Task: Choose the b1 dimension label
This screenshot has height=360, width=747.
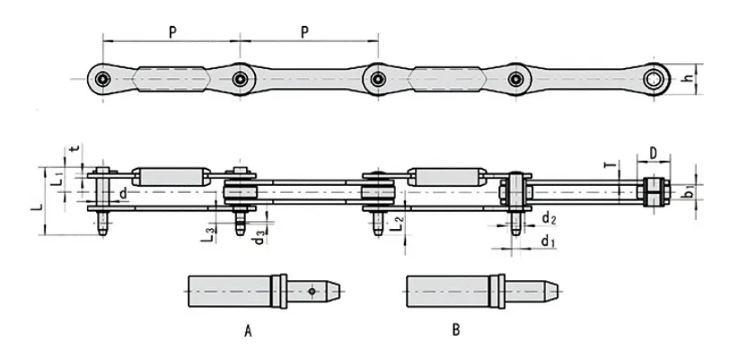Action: pos(684,190)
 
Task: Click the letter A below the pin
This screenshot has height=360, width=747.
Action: pos(248,331)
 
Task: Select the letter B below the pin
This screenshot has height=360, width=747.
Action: pos(456,331)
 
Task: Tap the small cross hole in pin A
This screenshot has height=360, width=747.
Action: pos(311,291)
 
